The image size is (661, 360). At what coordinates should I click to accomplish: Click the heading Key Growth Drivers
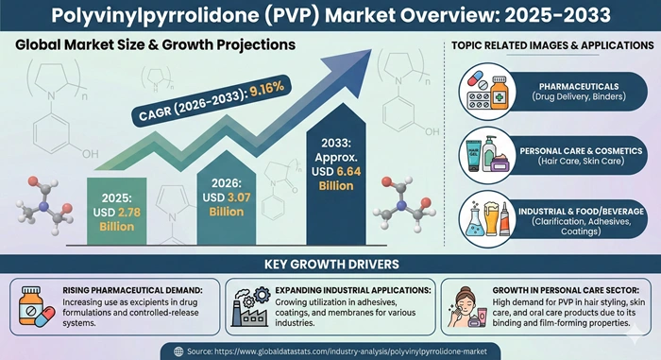[330, 262]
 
